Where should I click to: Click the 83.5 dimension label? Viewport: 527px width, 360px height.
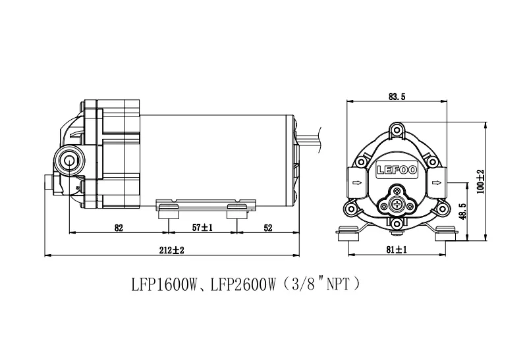tap(397, 97)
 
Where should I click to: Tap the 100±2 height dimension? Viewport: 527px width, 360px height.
tap(481, 182)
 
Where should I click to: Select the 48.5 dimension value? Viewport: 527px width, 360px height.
tap(462, 211)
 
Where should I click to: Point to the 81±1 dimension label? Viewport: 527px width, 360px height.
tap(397, 249)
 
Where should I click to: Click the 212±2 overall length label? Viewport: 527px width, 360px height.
tap(172, 250)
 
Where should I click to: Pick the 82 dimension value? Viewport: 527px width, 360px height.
tap(119, 228)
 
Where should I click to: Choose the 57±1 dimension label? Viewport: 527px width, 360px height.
tap(202, 228)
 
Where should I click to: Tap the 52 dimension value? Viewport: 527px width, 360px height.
tap(268, 228)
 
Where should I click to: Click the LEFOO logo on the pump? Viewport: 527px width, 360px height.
tap(397, 170)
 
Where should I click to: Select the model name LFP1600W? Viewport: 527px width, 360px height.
tap(164, 285)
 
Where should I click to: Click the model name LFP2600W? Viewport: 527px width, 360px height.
tap(242, 285)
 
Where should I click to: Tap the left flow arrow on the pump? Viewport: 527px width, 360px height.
tap(356, 183)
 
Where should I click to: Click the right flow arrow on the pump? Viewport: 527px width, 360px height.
tap(437, 183)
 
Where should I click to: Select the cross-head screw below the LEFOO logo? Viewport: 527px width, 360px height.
tap(397, 204)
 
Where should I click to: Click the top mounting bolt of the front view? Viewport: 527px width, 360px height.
tap(397, 129)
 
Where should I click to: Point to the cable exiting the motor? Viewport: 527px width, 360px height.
tap(309, 140)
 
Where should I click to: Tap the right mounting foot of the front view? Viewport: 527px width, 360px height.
tap(445, 233)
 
